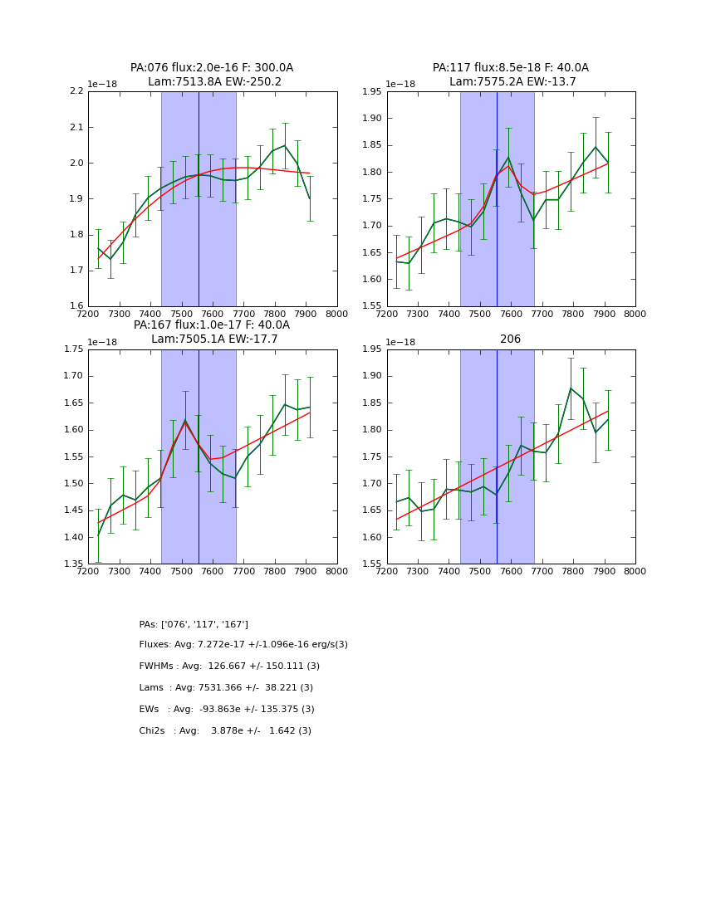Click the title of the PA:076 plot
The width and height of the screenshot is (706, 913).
(212, 68)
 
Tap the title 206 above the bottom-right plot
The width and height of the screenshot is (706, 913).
(510, 339)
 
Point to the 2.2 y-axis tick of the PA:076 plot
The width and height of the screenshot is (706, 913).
(76, 91)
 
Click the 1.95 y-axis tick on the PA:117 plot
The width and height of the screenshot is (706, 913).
(372, 91)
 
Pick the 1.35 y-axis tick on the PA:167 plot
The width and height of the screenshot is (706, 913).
(73, 564)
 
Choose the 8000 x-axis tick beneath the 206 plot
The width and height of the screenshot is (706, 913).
(635, 571)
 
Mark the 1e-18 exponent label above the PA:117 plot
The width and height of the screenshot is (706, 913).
(401, 85)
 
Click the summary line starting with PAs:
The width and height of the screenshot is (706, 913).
(194, 624)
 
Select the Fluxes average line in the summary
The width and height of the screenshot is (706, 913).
(243, 645)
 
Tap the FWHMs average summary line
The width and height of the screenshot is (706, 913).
(229, 666)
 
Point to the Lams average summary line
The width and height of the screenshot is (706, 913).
(226, 688)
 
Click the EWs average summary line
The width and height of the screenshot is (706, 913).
(227, 710)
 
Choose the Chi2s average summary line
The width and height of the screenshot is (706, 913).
(225, 731)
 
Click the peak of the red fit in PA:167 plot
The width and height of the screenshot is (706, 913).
(185, 422)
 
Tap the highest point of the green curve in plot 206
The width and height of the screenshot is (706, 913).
(571, 388)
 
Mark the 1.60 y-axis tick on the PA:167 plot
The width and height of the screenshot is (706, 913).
(73, 430)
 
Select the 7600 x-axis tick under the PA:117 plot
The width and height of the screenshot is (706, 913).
(511, 314)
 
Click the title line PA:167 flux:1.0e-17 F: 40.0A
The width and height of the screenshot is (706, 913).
(212, 325)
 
